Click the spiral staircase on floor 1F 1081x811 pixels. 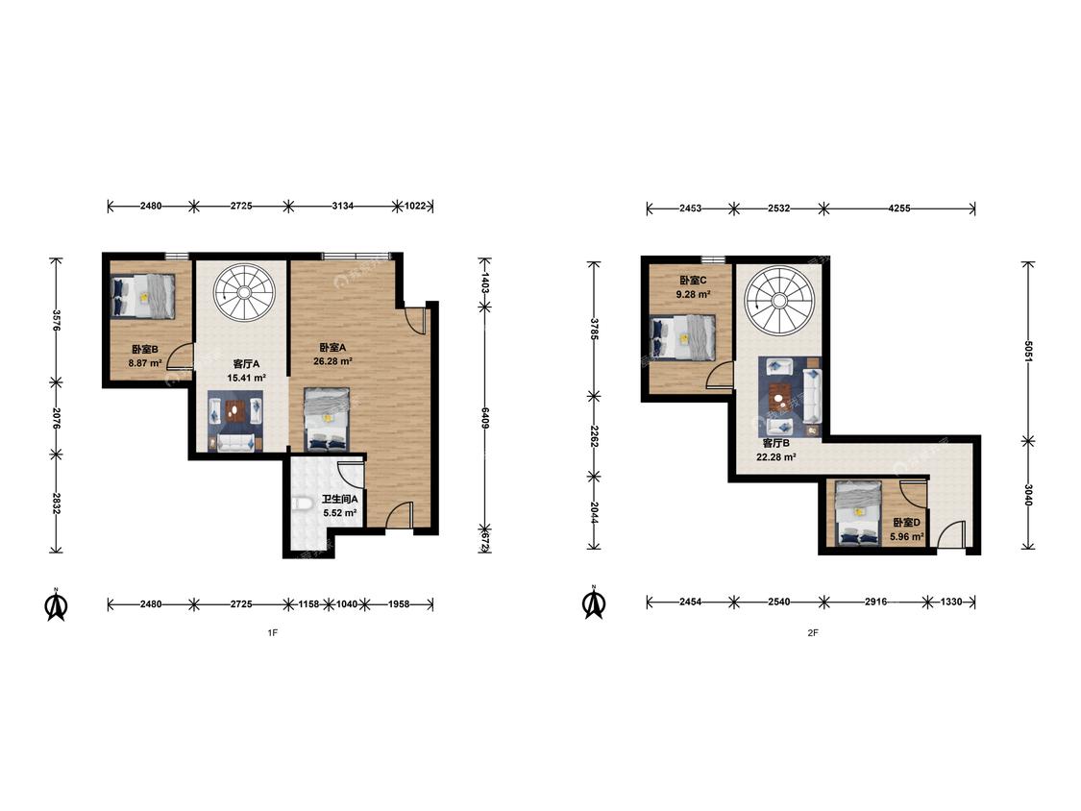[x=244, y=292]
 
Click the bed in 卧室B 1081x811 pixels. [x=143, y=296]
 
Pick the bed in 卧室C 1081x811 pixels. [x=683, y=338]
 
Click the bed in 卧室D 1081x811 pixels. [x=858, y=514]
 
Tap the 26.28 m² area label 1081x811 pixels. [x=333, y=360]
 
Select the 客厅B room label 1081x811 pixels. [x=776, y=443]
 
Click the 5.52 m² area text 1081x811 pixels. [x=340, y=513]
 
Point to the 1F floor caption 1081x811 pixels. [x=272, y=632]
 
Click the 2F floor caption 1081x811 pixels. [x=813, y=632]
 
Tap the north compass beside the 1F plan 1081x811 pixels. [x=56, y=604]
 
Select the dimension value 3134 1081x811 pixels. [x=343, y=206]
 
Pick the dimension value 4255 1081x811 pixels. [x=897, y=208]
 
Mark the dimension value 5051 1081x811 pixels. [x=1028, y=352]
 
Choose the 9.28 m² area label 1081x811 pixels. [x=693, y=294]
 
